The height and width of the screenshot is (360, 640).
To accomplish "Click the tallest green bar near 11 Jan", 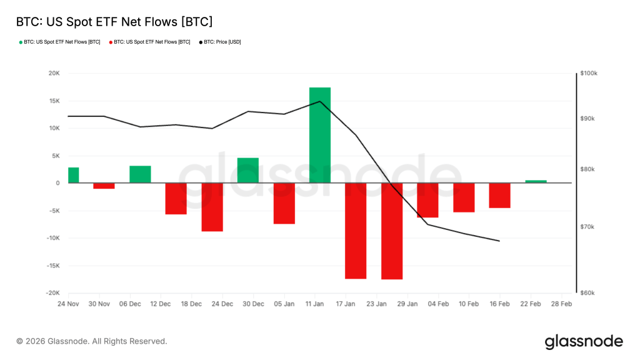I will [x=320, y=135].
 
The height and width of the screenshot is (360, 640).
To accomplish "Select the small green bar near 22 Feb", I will [x=536, y=181].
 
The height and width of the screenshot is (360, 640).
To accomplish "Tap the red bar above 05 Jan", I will [x=284, y=203].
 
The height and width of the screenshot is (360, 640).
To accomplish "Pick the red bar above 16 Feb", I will [x=499, y=195].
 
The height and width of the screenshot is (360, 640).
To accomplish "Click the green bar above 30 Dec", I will [x=248, y=170].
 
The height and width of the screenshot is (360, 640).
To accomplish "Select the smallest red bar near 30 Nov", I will [x=104, y=186].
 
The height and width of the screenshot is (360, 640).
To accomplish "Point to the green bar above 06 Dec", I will [x=140, y=174].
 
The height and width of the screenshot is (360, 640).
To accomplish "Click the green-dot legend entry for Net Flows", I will [x=59, y=42].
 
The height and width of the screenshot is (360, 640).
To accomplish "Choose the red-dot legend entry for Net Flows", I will [x=149, y=42].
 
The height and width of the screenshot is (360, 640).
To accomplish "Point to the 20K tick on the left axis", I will [x=53, y=73].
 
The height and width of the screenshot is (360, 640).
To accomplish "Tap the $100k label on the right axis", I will [x=589, y=73].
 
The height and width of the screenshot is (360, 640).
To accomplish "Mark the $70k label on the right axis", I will [x=588, y=227].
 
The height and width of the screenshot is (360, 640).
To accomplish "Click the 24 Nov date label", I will [x=68, y=304].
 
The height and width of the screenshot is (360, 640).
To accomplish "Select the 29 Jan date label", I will [x=407, y=304].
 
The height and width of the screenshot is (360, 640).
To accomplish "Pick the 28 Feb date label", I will [x=561, y=304].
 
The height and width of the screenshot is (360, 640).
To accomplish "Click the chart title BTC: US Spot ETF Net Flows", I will [x=114, y=22].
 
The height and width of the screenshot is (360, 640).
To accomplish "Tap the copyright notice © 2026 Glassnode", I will [x=92, y=341].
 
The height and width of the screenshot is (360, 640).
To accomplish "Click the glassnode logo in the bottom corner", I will [x=584, y=341].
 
